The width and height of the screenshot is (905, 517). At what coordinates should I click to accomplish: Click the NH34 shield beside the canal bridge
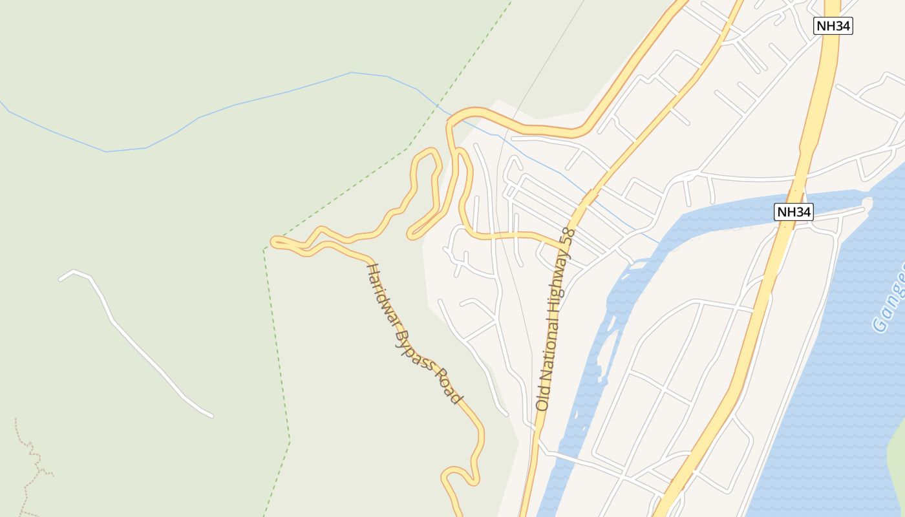point(793,212)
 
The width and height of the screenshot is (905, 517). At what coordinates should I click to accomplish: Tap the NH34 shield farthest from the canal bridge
point(833,26)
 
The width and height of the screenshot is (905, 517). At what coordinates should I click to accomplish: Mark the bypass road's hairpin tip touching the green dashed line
point(274,242)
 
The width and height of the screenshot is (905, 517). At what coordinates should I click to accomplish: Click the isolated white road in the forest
point(136,343)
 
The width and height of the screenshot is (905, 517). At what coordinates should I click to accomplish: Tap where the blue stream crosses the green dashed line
point(437,105)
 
